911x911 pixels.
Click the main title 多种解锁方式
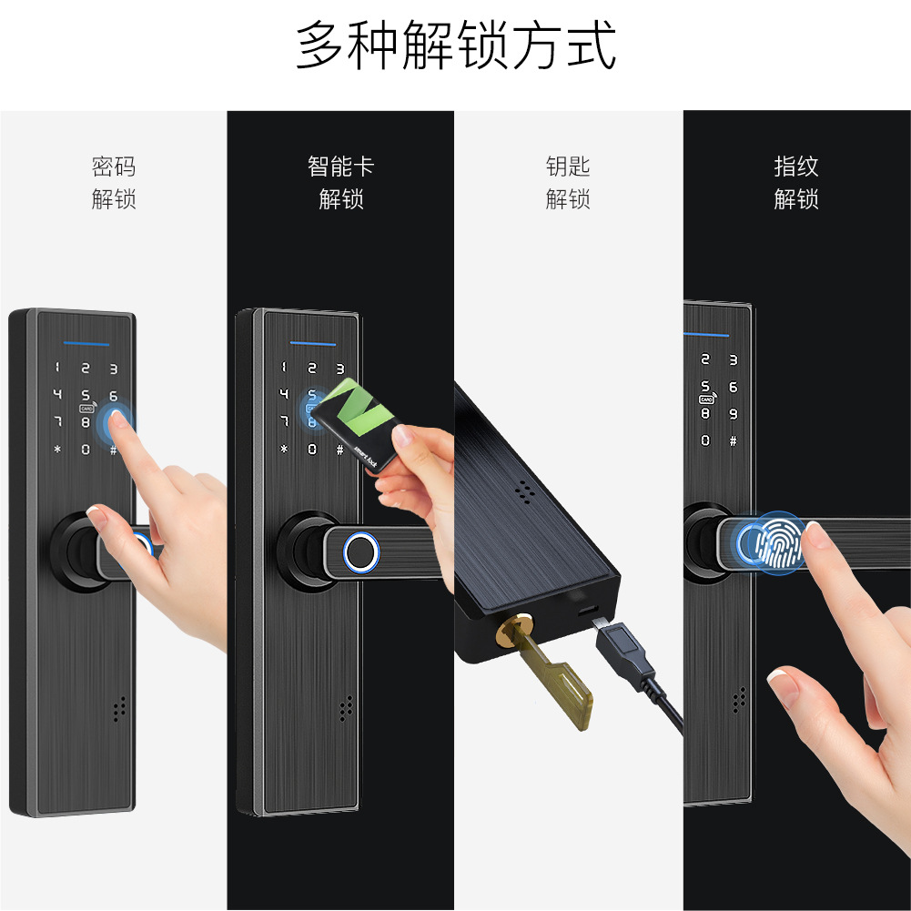click(455, 45)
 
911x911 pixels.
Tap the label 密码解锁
click(114, 182)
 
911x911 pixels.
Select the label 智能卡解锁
click(341, 182)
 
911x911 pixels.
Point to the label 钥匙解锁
click(568, 182)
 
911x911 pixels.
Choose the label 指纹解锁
click(796, 182)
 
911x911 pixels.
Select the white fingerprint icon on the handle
click(778, 542)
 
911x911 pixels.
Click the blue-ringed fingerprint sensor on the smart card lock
click(360, 552)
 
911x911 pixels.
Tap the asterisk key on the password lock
click(57, 449)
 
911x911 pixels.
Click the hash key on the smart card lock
click(339, 449)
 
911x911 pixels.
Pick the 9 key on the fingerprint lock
click(734, 414)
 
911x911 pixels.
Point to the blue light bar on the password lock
click(86, 344)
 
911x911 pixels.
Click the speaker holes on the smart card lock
click(346, 708)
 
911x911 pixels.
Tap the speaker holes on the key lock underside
click(525, 491)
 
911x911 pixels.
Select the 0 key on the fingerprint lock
click(705, 440)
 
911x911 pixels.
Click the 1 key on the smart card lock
click(284, 367)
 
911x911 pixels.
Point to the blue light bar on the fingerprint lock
click(706, 335)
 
